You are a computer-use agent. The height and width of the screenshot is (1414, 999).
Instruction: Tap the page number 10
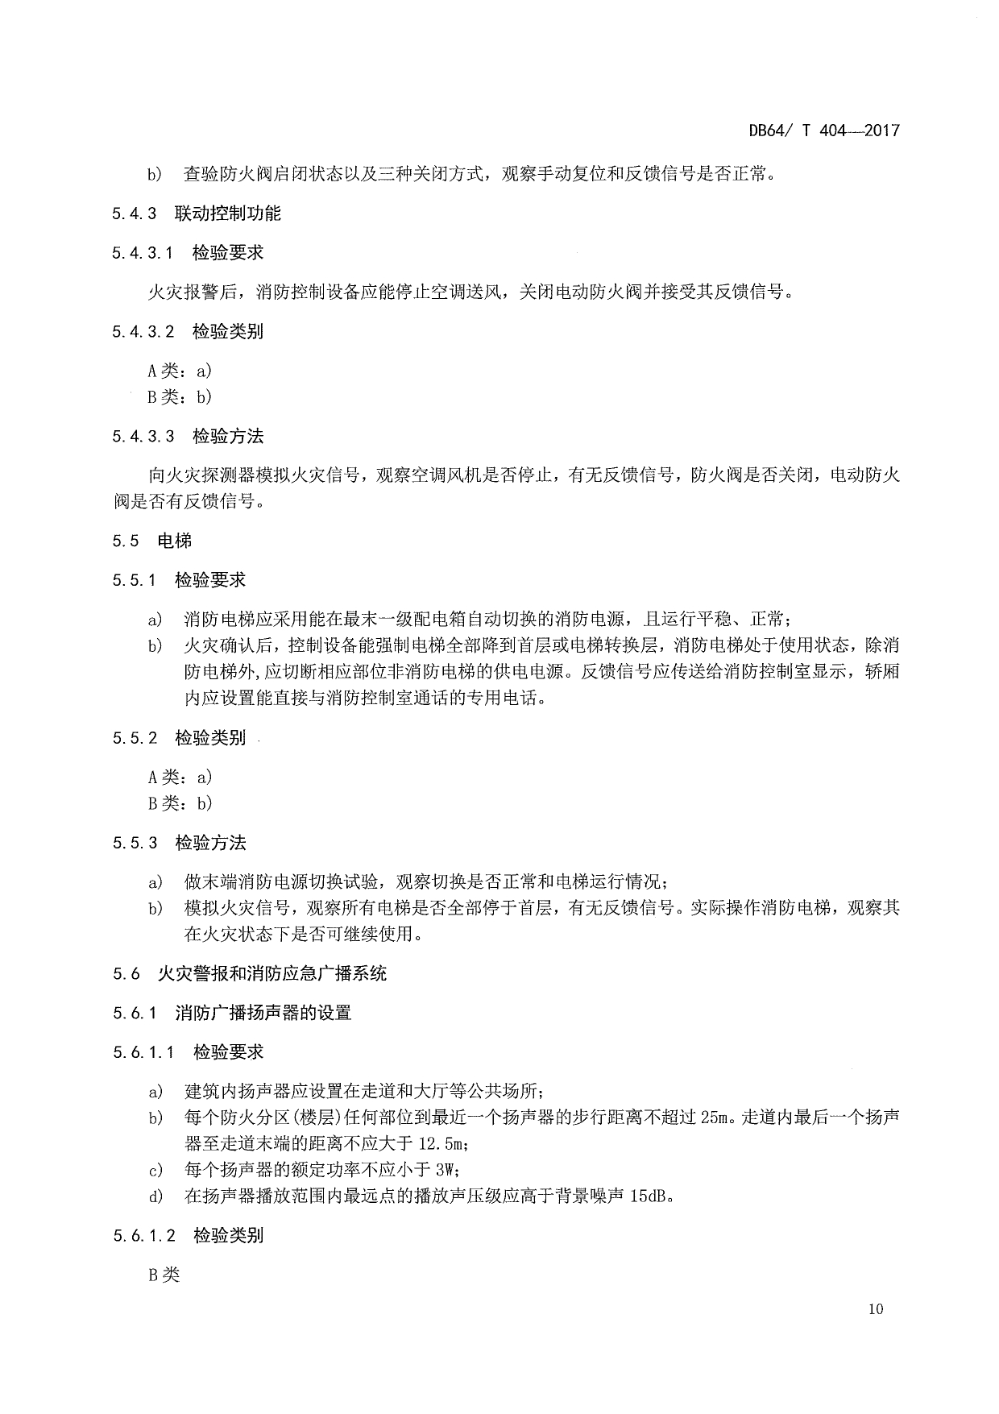tap(876, 1308)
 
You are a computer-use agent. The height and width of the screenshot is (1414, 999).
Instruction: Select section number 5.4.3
tap(134, 214)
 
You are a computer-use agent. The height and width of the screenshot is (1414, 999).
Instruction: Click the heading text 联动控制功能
tap(227, 214)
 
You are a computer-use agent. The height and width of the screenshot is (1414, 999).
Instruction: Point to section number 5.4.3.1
tap(143, 253)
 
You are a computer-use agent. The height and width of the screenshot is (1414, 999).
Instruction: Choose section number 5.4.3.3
tap(143, 437)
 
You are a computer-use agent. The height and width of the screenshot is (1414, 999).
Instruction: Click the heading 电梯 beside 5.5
tap(175, 541)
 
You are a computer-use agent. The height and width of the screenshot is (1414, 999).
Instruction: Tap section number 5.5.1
tap(134, 580)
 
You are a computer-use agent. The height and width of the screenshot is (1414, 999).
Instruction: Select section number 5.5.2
tap(134, 738)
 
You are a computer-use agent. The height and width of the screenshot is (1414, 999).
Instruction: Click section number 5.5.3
tap(134, 844)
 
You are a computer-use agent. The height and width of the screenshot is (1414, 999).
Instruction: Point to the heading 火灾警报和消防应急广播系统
tap(272, 973)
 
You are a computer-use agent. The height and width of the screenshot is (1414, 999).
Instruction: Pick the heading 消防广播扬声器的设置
tap(263, 1013)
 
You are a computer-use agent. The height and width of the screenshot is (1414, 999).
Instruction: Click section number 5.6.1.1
tap(143, 1052)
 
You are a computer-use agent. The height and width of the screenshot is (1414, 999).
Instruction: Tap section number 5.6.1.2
tap(143, 1235)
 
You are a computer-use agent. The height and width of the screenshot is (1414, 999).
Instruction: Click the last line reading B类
tap(164, 1275)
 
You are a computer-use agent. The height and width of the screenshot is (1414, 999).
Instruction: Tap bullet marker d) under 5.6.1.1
tap(155, 1196)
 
